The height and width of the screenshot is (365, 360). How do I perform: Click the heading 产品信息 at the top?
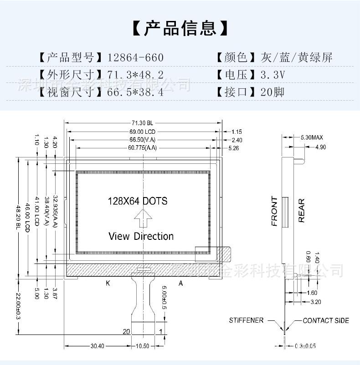point(180,28)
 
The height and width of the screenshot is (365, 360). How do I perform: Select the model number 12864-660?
point(135,58)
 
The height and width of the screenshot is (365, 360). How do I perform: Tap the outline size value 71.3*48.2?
point(135,75)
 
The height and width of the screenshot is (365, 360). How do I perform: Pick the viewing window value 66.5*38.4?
point(135,92)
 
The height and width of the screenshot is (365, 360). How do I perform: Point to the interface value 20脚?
point(273,92)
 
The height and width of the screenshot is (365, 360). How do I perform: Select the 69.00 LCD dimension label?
point(143,132)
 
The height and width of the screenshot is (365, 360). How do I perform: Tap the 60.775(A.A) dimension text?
point(142,148)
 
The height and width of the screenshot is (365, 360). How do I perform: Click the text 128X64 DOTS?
point(137,201)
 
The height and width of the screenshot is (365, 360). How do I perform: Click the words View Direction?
point(141,236)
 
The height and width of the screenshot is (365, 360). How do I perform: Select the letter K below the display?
point(108,283)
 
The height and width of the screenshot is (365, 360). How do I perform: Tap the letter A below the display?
point(180,283)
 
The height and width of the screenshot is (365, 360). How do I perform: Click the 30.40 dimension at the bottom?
point(97,346)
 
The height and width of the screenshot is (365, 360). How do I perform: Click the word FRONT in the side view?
point(274,211)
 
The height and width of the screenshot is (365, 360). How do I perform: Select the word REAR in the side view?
point(301,211)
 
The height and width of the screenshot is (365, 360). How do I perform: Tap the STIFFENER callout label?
point(246,320)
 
